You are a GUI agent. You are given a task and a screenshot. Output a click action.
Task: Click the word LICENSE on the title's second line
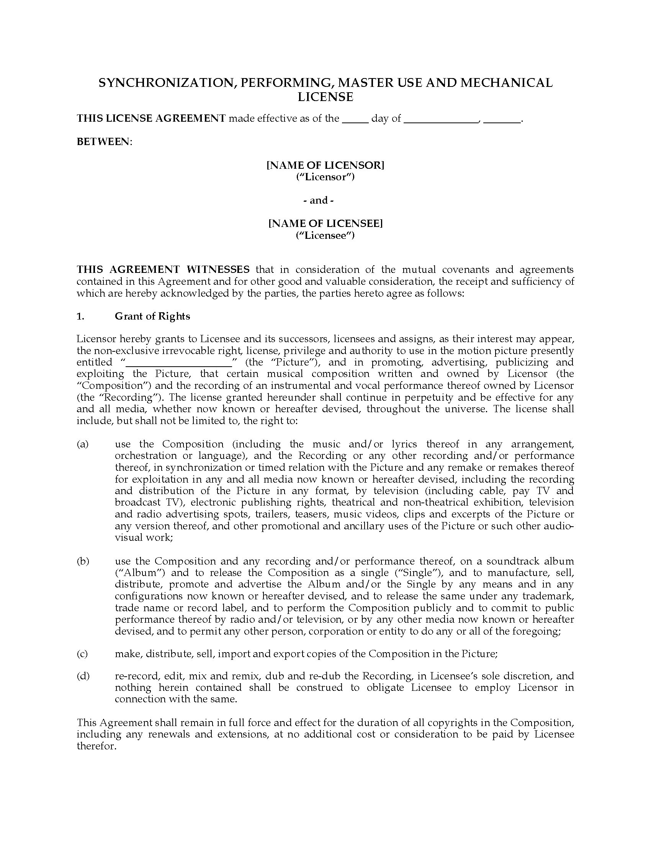click(325, 97)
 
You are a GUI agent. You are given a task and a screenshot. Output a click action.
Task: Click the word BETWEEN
click(103, 142)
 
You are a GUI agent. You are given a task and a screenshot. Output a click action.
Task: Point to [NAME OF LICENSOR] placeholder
click(325, 165)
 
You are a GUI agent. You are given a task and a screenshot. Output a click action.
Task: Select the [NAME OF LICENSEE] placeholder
click(325, 224)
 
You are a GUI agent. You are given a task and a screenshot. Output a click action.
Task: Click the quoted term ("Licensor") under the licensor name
click(325, 177)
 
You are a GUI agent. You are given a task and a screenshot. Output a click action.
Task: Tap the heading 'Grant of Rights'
click(152, 316)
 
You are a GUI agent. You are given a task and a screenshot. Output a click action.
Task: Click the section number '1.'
click(80, 316)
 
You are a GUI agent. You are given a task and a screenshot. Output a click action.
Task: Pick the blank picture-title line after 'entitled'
click(179, 363)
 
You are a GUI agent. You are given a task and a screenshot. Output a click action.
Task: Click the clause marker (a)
click(83, 444)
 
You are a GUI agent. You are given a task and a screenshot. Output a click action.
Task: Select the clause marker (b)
click(83, 561)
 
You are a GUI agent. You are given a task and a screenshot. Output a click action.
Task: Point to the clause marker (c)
click(83, 654)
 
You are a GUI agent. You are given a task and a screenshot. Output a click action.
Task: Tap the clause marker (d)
click(83, 676)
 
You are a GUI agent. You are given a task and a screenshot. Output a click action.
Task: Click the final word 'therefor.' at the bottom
click(97, 746)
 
